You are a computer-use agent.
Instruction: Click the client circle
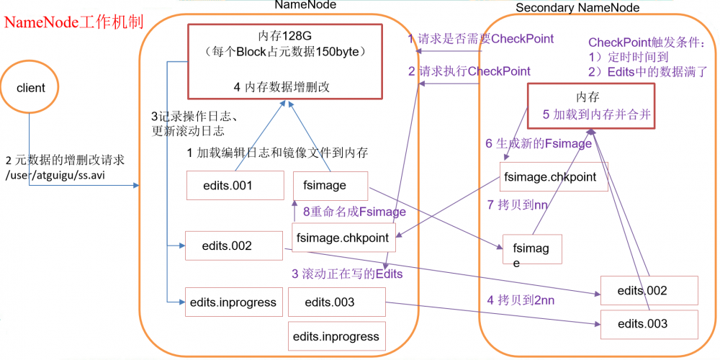coord(30,88)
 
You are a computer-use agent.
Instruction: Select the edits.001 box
coord(227,186)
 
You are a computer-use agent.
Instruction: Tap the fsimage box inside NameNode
coord(329,185)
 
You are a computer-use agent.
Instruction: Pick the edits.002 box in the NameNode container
coord(227,246)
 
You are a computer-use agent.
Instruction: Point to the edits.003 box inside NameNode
coord(330,302)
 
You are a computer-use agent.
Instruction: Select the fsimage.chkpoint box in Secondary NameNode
coord(550,177)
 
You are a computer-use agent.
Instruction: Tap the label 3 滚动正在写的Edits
coord(346,274)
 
